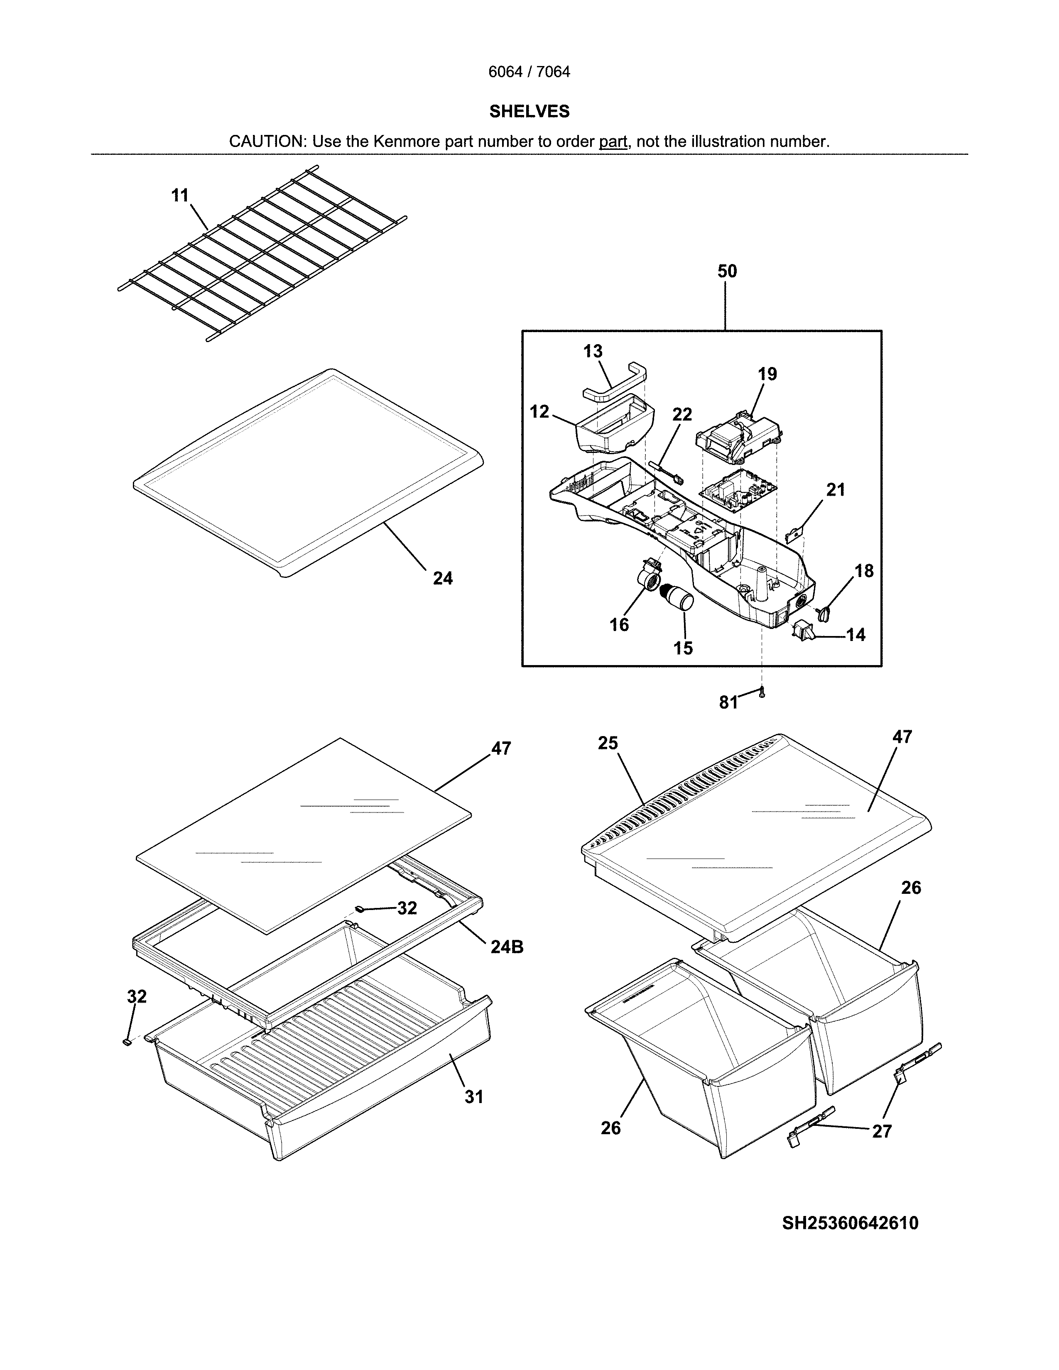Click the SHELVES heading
click(529, 112)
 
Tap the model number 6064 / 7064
click(529, 72)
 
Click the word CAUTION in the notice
click(266, 142)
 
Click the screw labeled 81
click(762, 693)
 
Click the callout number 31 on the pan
click(474, 1097)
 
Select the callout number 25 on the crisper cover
click(607, 744)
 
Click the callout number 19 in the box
click(767, 374)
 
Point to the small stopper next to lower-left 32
click(127, 1042)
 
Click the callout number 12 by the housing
click(539, 412)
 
